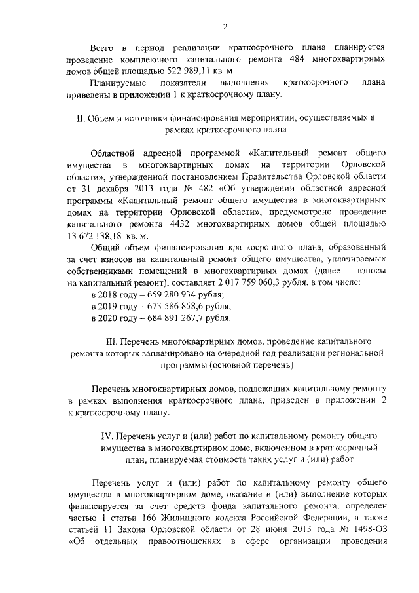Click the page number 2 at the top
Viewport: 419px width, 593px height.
pyautogui.click(x=225, y=26)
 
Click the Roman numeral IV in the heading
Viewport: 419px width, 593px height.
pyautogui.click(x=103, y=436)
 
